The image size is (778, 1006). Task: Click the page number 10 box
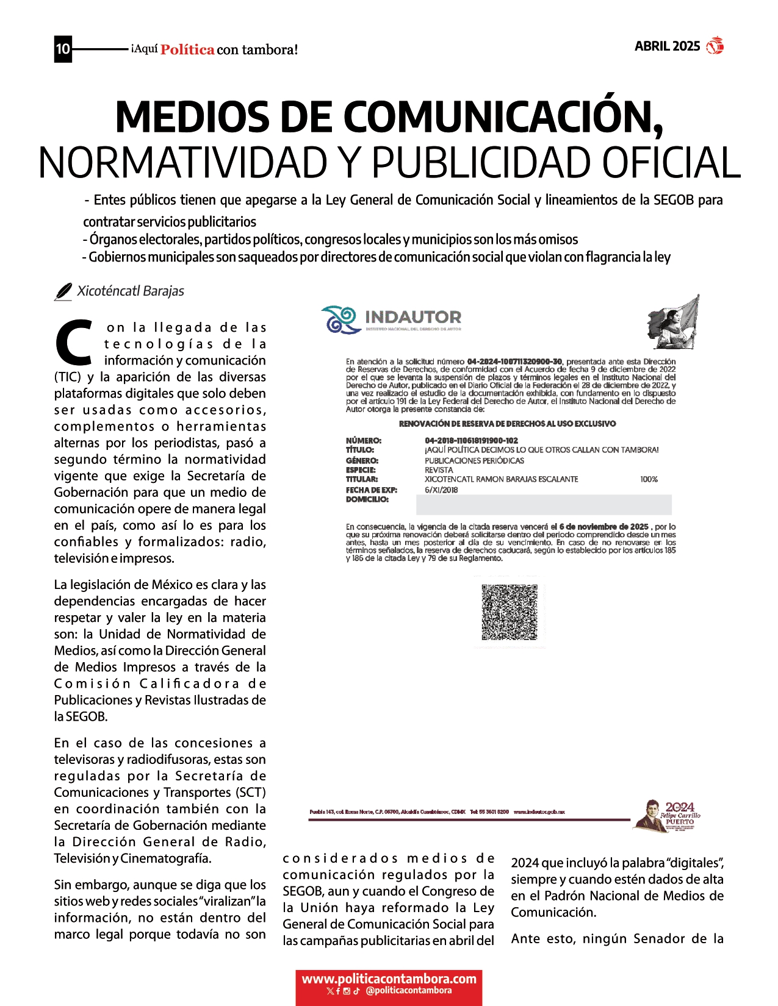[63, 49]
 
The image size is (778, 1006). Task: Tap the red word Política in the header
[187, 50]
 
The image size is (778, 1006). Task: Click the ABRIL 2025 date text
[667, 46]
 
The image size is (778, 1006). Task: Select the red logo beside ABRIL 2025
[715, 46]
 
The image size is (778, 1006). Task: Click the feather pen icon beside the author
[63, 292]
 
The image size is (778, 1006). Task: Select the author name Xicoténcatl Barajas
[131, 291]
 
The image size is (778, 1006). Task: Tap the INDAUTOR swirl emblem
[340, 319]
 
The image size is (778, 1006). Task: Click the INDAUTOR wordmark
[413, 318]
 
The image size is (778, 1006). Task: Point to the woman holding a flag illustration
[673, 322]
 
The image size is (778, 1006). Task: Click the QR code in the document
[510, 612]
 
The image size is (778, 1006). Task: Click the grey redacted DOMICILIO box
[543, 505]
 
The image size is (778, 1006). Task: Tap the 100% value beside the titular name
[649, 479]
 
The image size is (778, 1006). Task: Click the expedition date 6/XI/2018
[441, 490]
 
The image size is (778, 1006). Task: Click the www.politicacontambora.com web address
[389, 979]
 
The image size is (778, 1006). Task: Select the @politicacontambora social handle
[409, 991]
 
